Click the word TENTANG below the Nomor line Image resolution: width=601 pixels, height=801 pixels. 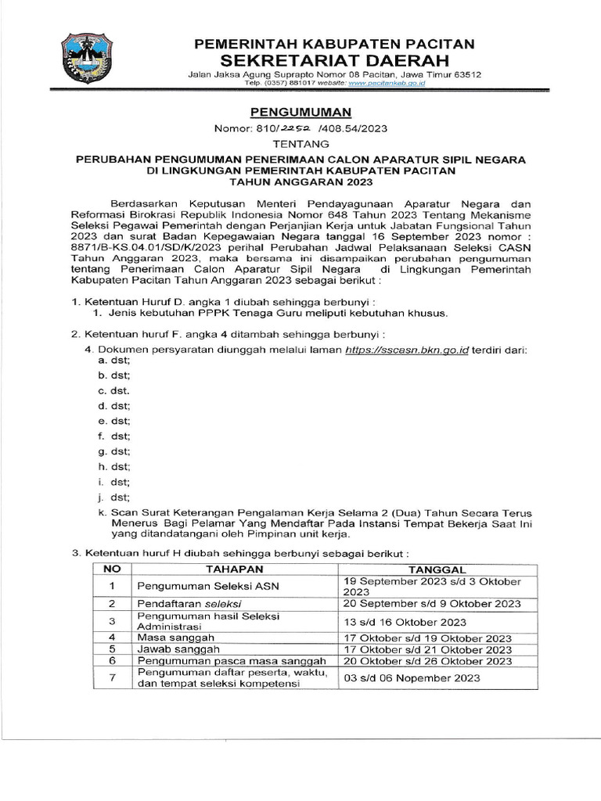[x=300, y=144]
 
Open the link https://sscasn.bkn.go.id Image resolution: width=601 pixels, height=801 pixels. [x=406, y=350]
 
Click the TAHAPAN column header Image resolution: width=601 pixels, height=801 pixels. [x=234, y=569]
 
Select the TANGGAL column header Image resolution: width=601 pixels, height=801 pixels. [x=438, y=569]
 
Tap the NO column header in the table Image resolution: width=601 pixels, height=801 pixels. [x=113, y=569]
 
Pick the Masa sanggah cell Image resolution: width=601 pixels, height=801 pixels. [x=168, y=638]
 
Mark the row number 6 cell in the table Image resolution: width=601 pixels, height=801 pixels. [x=113, y=661]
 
